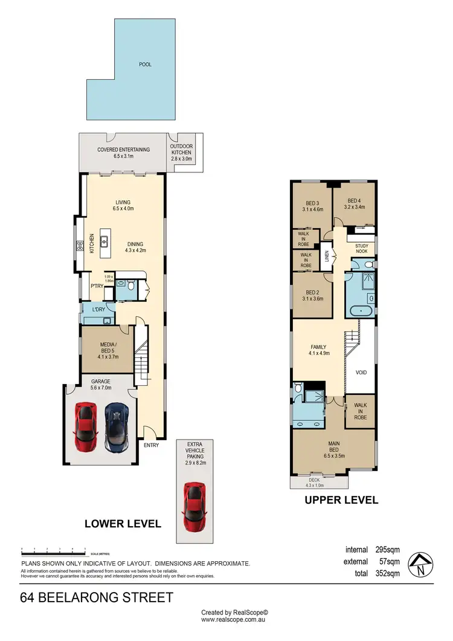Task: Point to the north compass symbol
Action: pyautogui.click(x=419, y=564)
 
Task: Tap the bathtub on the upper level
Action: pyautogui.click(x=360, y=313)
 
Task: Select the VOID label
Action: pyautogui.click(x=361, y=373)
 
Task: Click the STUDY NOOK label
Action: pyautogui.click(x=362, y=249)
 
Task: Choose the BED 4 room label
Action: pyautogui.click(x=355, y=203)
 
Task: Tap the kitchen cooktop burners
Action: pyautogui.click(x=79, y=245)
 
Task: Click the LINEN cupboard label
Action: pyautogui.click(x=327, y=257)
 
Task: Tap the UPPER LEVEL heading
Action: pyautogui.click(x=341, y=500)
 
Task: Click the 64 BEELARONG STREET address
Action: pyautogui.click(x=97, y=598)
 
